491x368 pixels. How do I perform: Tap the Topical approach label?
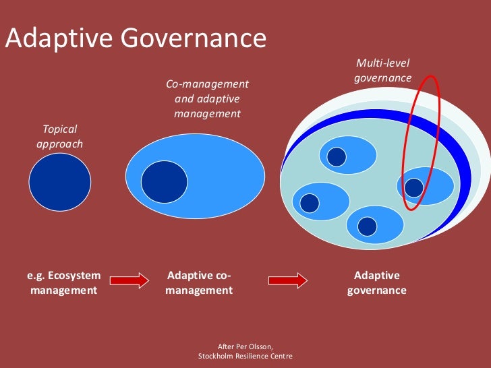click(x=60, y=135)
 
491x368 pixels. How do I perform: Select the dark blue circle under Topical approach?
click(x=59, y=183)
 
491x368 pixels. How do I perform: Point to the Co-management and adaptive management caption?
click(x=207, y=99)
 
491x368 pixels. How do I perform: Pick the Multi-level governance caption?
click(x=382, y=71)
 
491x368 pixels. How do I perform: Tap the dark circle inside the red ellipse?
click(x=414, y=187)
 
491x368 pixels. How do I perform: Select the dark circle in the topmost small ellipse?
click(x=336, y=156)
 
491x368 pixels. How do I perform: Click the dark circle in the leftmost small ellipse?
click(x=309, y=202)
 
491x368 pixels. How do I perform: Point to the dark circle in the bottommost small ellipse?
click(x=367, y=226)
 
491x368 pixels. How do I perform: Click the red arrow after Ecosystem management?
click(x=129, y=280)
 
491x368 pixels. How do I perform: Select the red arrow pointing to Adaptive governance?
click(x=288, y=280)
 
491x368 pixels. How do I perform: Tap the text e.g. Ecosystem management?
click(x=63, y=283)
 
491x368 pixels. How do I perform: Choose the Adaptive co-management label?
click(x=199, y=283)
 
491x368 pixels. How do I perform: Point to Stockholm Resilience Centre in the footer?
click(x=246, y=356)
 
